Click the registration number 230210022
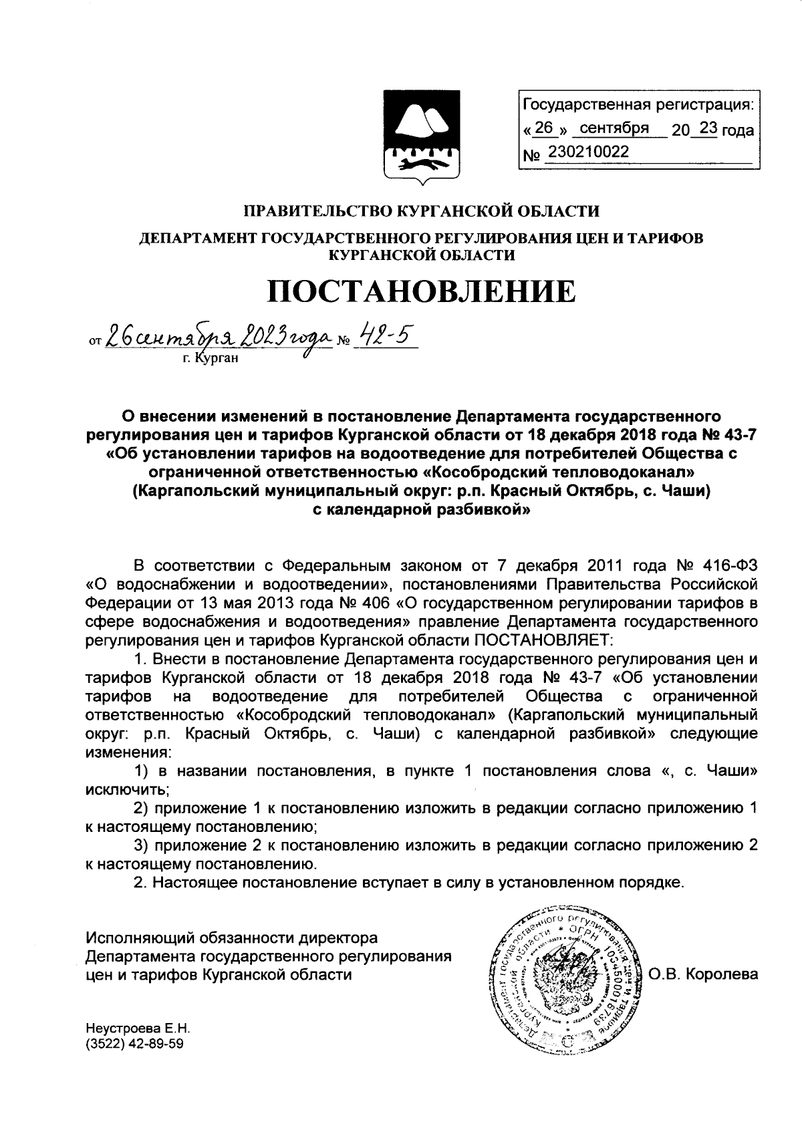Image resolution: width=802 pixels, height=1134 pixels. [588, 152]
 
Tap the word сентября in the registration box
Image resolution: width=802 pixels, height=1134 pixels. [614, 128]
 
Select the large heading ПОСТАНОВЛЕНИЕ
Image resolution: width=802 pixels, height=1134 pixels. [421, 291]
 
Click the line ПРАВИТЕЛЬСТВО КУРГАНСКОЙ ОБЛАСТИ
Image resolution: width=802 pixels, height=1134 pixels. [421, 212]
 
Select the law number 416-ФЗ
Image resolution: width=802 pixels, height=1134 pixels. [729, 565]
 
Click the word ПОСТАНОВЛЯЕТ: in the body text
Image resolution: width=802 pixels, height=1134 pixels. [543, 641]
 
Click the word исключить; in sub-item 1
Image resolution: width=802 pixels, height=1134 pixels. [128, 789]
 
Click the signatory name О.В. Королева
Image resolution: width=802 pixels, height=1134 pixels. [702, 974]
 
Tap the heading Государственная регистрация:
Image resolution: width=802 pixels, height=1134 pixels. [638, 105]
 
